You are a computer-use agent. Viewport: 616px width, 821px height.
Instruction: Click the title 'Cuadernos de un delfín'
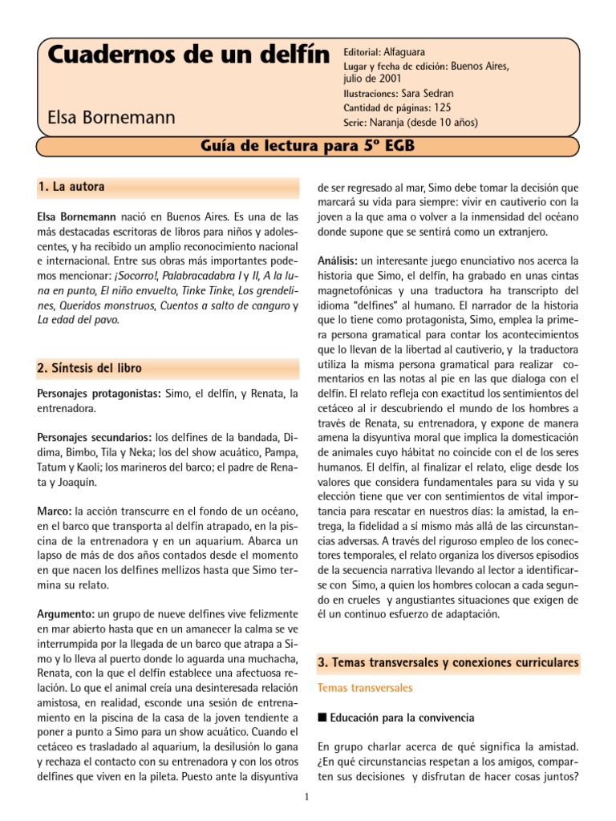pos(188,55)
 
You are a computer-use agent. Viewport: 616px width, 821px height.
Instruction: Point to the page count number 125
pos(443,108)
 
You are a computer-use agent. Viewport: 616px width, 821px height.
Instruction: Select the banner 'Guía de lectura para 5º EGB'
pos(307,146)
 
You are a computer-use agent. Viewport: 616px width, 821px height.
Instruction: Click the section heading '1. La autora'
pos(71,188)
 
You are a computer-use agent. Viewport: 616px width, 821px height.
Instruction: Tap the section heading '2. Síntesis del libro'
pos(90,368)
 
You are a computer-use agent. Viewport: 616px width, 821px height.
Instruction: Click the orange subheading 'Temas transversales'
pos(365,688)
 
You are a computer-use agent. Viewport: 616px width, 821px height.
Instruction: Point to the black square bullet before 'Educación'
pos(322,718)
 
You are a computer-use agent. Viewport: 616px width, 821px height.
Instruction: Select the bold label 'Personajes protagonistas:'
pos(100,394)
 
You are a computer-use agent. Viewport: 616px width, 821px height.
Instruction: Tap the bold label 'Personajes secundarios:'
pos(95,437)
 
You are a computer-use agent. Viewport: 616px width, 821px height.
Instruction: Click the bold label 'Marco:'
pos(55,510)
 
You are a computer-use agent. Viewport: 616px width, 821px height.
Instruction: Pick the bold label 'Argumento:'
pos(67,613)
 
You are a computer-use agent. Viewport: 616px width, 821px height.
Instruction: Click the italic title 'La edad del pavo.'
pos(79,320)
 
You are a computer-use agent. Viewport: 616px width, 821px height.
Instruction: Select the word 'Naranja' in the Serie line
pos(387,123)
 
